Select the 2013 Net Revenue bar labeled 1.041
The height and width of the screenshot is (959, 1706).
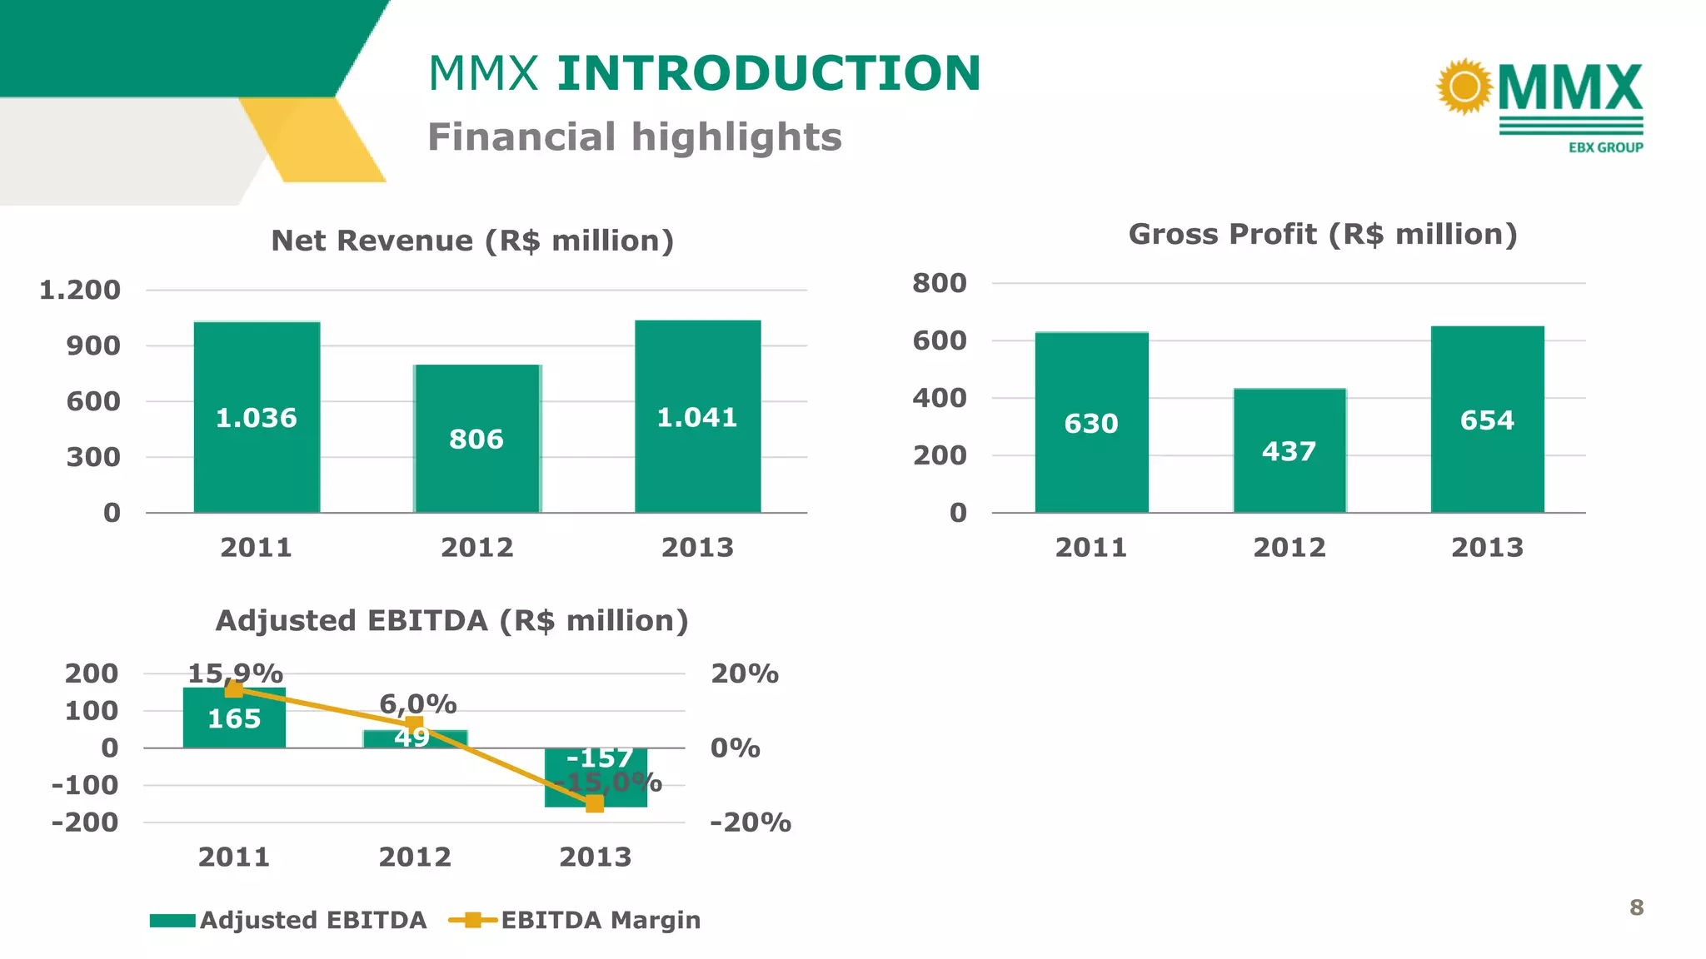coord(697,466)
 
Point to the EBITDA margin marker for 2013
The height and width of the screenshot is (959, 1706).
coord(595,803)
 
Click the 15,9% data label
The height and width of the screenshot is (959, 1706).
coord(236,673)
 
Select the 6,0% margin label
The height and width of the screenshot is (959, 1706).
coord(418,704)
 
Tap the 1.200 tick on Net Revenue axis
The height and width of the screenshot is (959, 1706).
coord(80,291)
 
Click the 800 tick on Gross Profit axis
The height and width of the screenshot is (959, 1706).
coord(940,283)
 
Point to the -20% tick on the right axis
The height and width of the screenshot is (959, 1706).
coord(750,822)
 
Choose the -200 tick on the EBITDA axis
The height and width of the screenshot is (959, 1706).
coord(85,822)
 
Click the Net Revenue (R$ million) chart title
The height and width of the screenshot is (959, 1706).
coord(472,241)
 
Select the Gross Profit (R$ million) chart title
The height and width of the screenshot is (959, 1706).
coord(1323,234)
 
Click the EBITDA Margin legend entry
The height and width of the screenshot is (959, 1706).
coord(600,920)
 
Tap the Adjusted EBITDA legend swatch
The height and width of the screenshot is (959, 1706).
coord(172,921)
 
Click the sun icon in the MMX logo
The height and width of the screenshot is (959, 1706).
coord(1464,86)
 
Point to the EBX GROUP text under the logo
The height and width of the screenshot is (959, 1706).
coord(1605,147)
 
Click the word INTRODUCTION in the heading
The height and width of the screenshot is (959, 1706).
coord(769,73)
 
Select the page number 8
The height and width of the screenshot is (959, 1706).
coord(1636,907)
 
